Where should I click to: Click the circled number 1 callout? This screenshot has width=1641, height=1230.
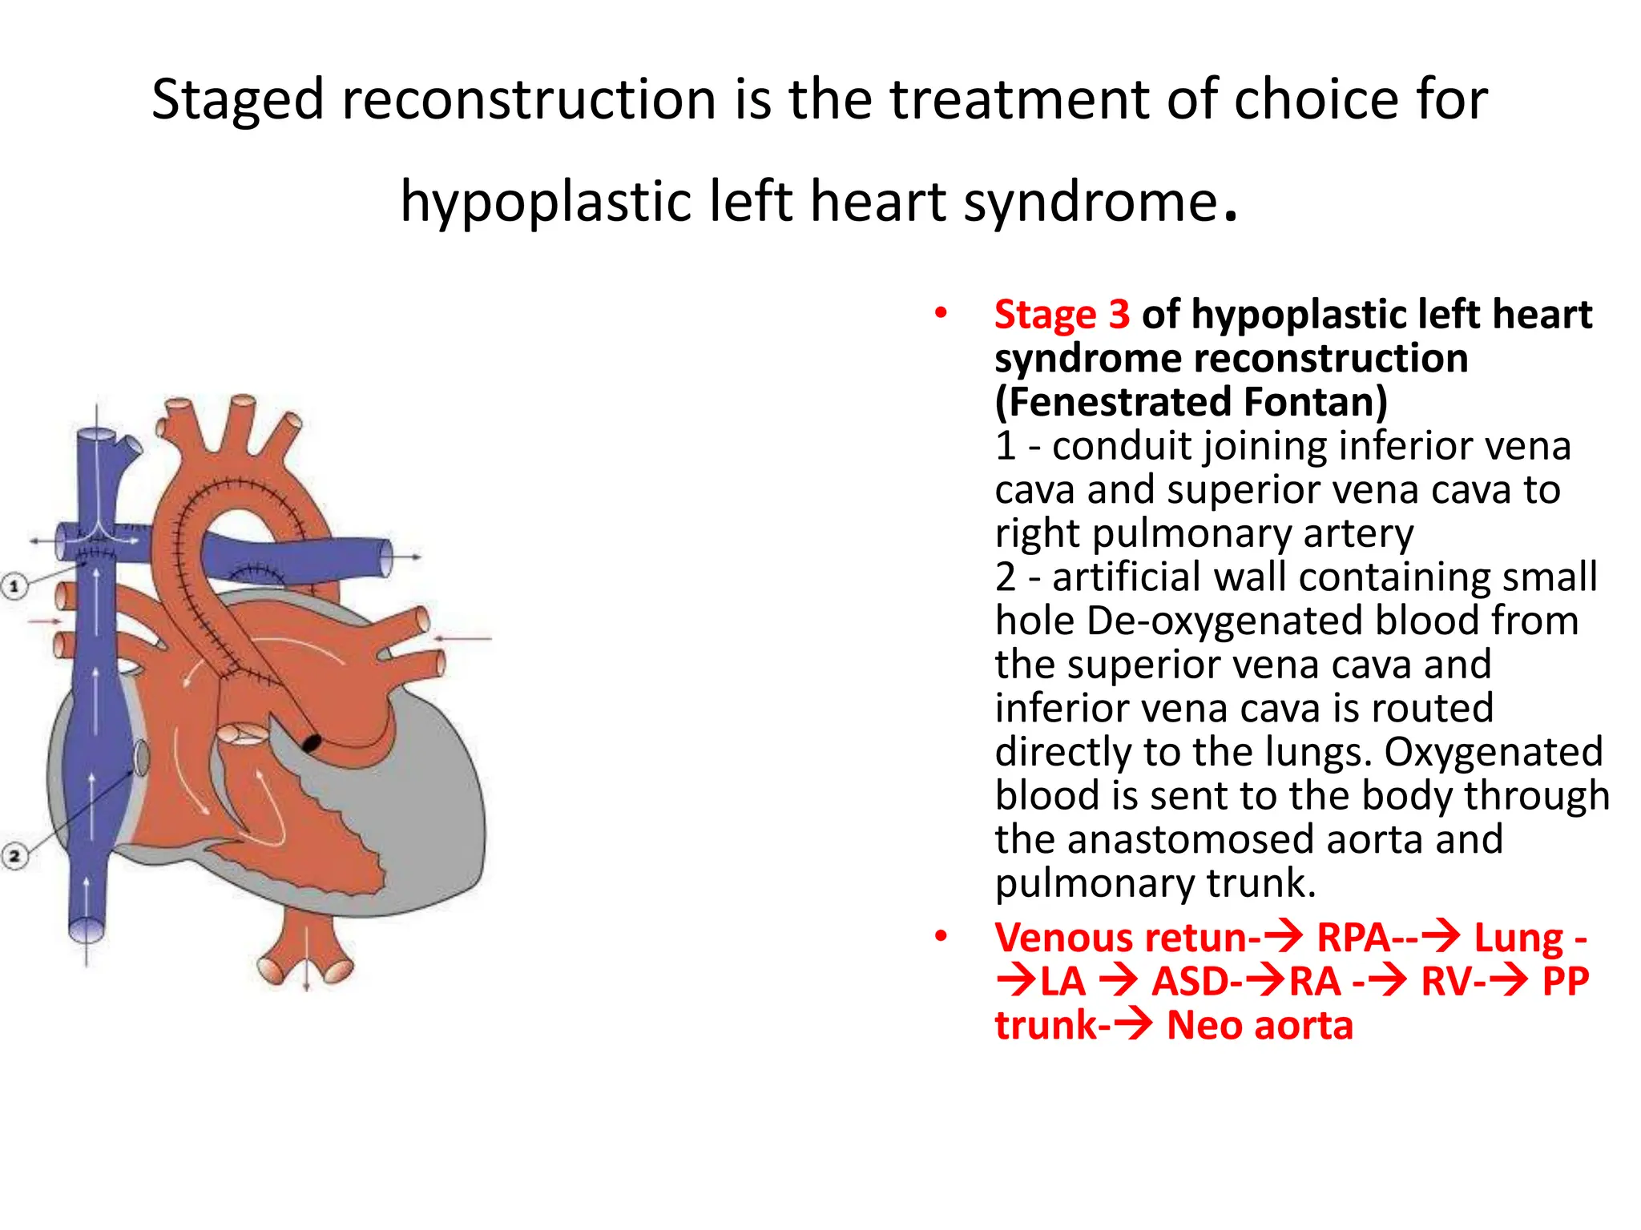coord(14,586)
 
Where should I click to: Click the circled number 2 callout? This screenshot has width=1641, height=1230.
coord(14,855)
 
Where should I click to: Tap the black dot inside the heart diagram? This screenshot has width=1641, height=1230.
coord(311,743)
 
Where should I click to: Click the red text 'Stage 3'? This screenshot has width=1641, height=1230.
coord(1061,314)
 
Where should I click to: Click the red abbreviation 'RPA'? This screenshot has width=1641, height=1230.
coord(1353,938)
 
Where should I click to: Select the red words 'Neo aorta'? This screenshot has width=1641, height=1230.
coord(1259,1026)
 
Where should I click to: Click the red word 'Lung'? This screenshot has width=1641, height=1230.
coord(1518,938)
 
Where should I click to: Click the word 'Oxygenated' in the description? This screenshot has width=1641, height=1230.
coord(1493,752)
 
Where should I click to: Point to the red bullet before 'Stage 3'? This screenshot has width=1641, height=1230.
coord(941,313)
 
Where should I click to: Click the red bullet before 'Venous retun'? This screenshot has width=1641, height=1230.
coord(941,936)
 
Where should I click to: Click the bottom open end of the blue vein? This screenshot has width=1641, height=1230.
coord(86,931)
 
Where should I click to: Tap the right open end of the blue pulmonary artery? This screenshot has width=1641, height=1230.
coord(386,557)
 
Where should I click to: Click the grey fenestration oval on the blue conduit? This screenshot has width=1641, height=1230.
coord(141,758)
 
